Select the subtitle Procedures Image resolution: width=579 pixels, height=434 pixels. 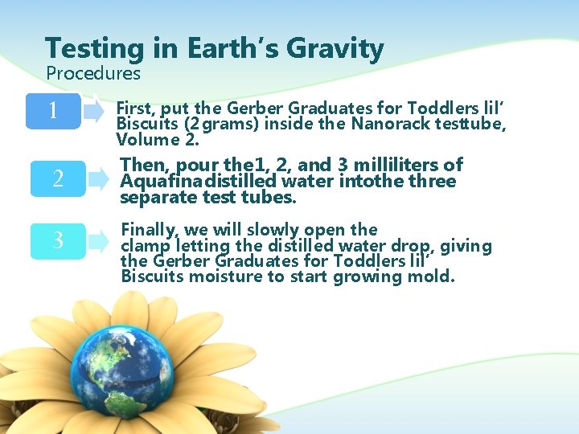coord(93,74)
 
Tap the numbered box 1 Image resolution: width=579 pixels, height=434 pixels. coord(52,110)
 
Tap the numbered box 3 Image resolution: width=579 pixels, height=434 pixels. coord(57,240)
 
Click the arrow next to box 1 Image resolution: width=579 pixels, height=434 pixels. coord(95,111)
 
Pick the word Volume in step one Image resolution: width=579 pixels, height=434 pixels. coord(150,140)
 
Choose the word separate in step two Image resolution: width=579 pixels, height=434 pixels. coord(154,197)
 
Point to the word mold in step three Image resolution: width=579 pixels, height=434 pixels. coord(436,276)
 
